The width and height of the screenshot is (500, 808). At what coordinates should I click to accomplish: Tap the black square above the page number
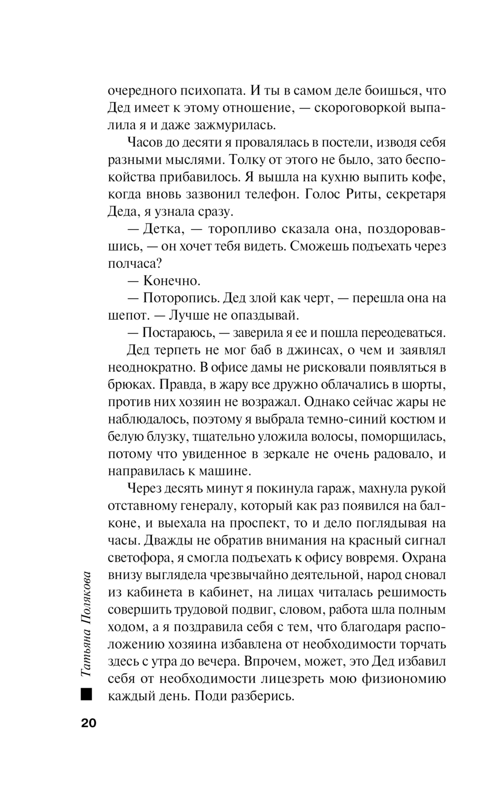click(x=85, y=694)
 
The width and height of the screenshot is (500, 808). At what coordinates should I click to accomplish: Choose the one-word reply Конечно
click(x=172, y=281)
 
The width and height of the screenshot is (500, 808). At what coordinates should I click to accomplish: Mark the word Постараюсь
click(x=178, y=333)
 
